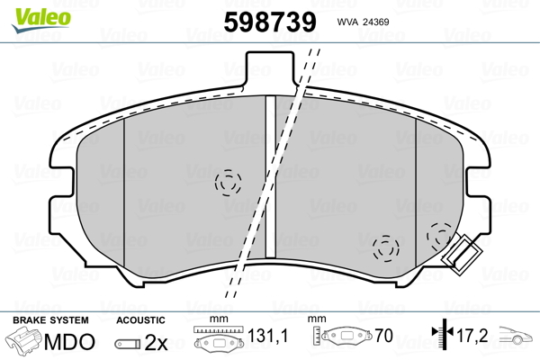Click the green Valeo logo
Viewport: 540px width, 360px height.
click(x=41, y=20)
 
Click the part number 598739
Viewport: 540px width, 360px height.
click(x=270, y=22)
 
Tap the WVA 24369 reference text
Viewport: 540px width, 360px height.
click(x=363, y=22)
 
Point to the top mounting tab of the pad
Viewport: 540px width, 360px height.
click(x=270, y=69)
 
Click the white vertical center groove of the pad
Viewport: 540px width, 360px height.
click(x=271, y=176)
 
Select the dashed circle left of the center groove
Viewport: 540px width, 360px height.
click(x=228, y=183)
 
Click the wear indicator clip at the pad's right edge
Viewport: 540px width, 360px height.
click(x=463, y=255)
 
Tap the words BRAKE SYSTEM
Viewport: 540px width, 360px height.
click(x=50, y=320)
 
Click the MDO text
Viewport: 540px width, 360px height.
click(x=69, y=342)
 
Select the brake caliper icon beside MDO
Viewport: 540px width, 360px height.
click(x=23, y=340)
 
